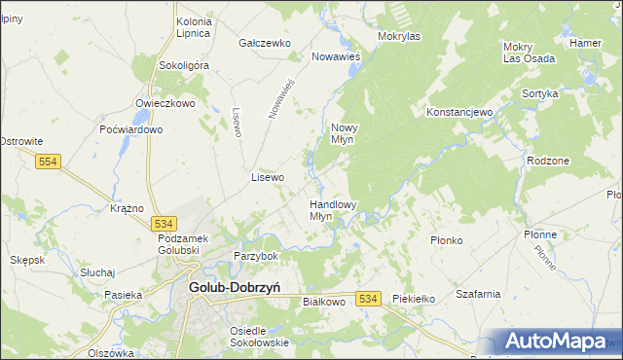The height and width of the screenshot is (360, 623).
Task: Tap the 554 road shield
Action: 48,162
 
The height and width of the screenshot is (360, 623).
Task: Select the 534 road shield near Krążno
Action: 165,223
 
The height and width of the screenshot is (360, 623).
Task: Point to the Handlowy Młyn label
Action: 333,210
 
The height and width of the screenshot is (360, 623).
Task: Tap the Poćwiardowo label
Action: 130,129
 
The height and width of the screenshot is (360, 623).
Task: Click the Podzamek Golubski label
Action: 192,243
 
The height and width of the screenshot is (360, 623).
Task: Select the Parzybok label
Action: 256,256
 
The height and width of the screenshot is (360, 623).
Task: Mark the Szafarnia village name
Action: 477,293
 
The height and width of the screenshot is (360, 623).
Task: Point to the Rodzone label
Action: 546,161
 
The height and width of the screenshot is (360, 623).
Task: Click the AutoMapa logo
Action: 556,342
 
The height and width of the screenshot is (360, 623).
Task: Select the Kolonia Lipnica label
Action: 193,27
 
